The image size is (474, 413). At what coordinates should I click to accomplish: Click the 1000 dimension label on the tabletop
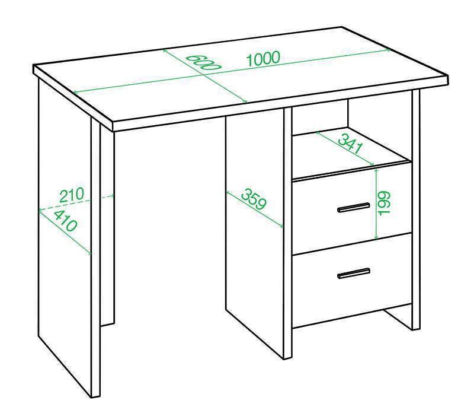point(264,59)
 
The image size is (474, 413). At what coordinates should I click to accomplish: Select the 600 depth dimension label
point(203,63)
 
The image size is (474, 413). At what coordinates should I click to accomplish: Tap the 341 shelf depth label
point(350,144)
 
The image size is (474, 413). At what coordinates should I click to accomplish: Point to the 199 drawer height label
point(384,203)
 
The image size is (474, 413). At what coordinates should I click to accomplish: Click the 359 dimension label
point(254,199)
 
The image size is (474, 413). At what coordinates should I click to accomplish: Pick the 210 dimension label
point(71,195)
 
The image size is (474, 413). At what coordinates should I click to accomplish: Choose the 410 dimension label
point(65,221)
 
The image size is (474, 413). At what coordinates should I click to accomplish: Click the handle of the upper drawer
point(353,208)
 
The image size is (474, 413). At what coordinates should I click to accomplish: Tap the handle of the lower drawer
point(353,273)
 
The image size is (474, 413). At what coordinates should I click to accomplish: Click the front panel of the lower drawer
point(351,280)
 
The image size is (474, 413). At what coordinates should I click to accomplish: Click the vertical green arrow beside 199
point(376,204)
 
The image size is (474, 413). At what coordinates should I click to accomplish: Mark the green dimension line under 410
point(65,232)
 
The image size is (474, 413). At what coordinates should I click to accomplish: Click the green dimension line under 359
point(255,209)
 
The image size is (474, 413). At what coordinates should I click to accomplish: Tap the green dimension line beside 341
point(345,148)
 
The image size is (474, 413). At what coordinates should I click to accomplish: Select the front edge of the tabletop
point(280,104)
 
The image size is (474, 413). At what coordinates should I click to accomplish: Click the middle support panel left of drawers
point(255,233)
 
